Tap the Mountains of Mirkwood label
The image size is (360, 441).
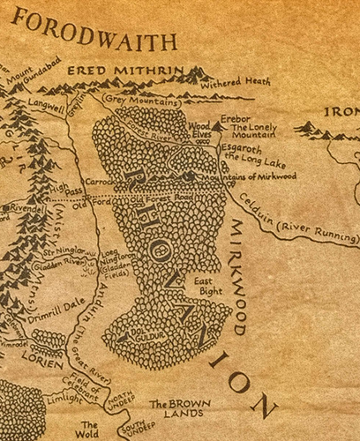[x=255, y=177]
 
